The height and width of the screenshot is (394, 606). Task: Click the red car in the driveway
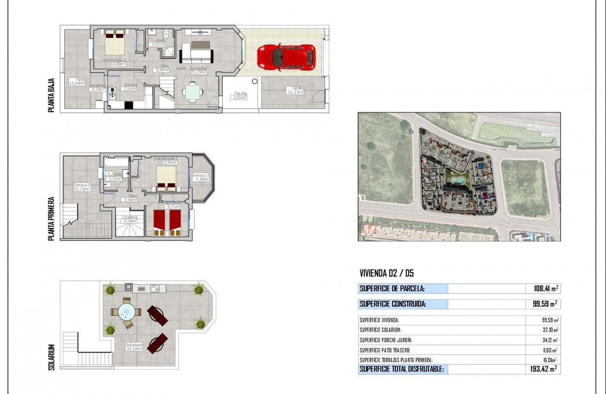click(286, 57)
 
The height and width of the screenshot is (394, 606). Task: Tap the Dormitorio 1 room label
click(114, 62)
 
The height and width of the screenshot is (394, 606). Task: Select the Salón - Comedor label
click(191, 70)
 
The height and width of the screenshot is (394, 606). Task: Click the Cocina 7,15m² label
click(129, 87)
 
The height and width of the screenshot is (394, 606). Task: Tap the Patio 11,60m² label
click(77, 81)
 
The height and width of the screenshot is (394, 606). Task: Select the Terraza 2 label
click(201, 177)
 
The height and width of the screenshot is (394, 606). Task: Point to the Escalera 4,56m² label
click(129, 219)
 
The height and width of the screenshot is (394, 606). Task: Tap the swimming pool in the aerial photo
click(456, 180)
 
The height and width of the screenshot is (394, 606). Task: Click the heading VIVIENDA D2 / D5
click(387, 273)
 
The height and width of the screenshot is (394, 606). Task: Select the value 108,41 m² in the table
click(543, 289)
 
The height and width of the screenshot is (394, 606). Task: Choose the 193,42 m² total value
click(542, 369)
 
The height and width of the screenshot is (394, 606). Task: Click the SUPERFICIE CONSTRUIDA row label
click(393, 304)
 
